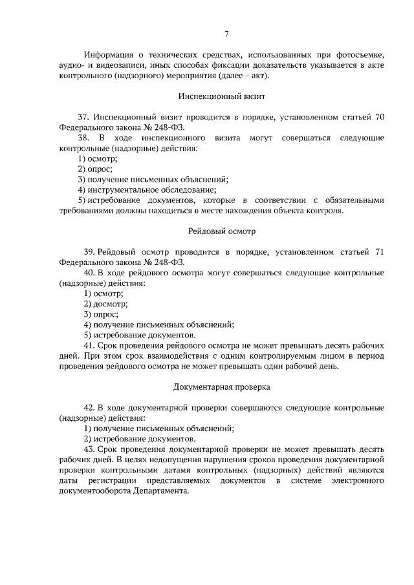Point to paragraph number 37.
point(83,117)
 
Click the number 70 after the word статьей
point(380,117)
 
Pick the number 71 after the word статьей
point(380,251)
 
